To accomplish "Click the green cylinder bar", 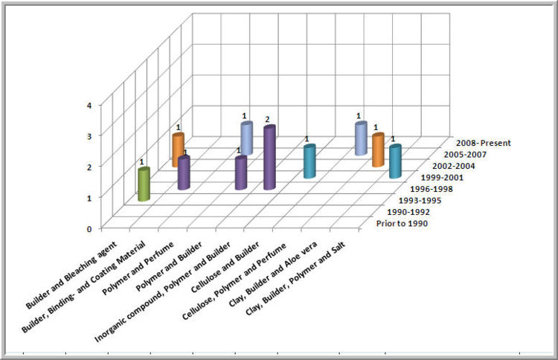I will coord(144,185).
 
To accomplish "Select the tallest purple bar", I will coord(269,158).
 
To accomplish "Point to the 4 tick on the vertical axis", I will coord(89,105).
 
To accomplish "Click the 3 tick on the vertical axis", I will coord(89,135).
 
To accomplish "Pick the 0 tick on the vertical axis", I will coord(89,228).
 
